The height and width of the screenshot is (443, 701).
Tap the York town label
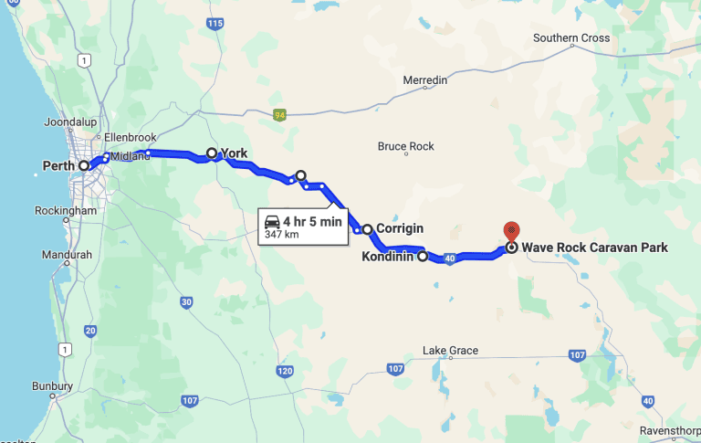pos(235,153)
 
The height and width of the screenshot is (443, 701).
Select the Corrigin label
pos(399,229)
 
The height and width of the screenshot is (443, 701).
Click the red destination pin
pos(511,232)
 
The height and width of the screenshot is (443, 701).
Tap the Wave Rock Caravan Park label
pos(594,248)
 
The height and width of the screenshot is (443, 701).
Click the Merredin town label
pos(425,80)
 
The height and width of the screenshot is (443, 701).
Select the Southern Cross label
pos(571,38)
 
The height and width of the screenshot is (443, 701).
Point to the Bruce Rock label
pos(406,146)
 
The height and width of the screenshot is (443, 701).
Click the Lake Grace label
pos(450,351)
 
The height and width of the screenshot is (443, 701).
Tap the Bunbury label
pos(54,386)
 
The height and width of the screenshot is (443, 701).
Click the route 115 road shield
pos(214,24)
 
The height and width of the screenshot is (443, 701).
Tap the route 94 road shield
pos(279,115)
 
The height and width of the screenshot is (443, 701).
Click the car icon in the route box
pos(272,222)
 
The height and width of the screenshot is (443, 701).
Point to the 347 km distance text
pos(282,235)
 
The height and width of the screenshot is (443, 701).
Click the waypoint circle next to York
pos(212,153)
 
